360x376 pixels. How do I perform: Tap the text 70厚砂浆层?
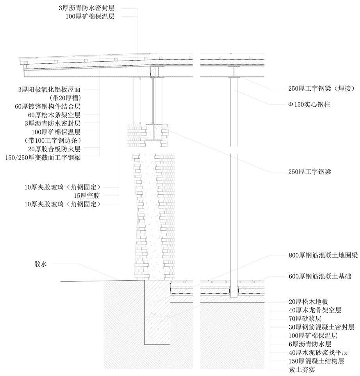tap(304, 319)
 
